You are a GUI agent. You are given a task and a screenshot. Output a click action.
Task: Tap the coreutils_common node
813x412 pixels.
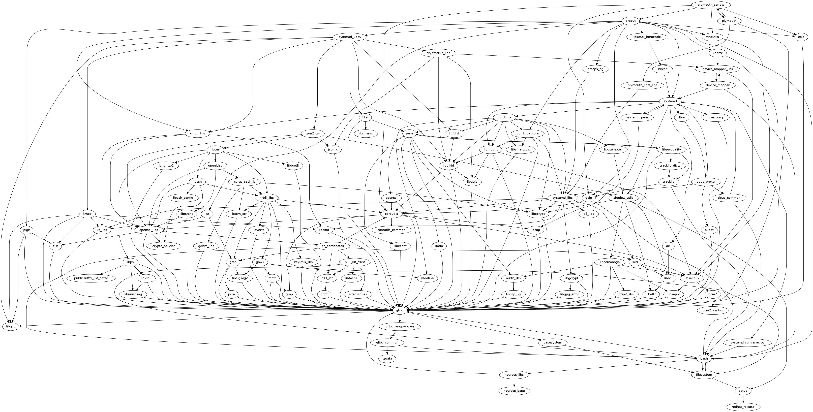pyautogui.click(x=391, y=230)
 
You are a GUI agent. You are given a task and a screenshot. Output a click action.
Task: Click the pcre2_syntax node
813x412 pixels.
pyautogui.click(x=712, y=310)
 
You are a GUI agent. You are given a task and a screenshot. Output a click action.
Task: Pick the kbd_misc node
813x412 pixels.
pyautogui.click(x=366, y=133)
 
